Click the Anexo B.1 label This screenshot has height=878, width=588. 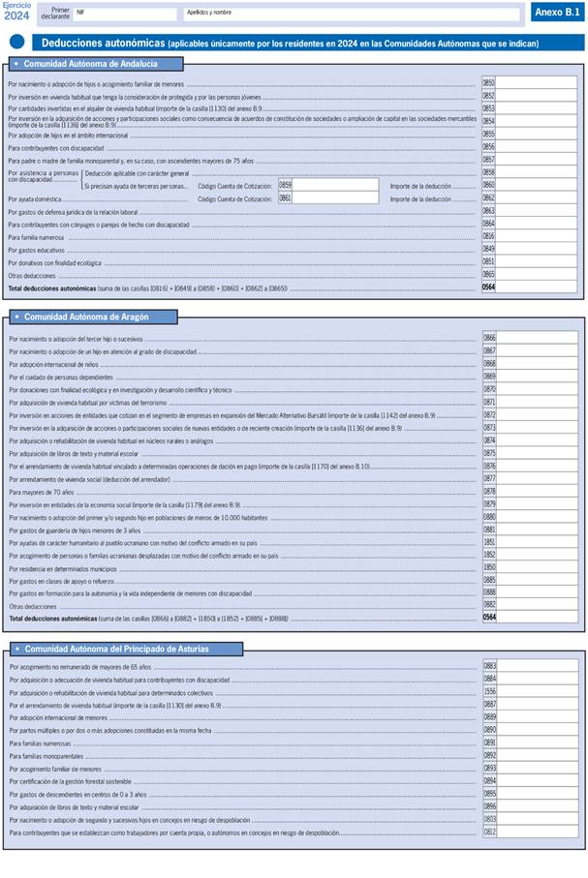tap(557, 13)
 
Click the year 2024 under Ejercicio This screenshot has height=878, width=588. tap(15, 16)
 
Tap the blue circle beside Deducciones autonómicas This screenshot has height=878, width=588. tap(17, 42)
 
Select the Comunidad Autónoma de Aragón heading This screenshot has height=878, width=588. tap(85, 317)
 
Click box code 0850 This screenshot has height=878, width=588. tap(488, 83)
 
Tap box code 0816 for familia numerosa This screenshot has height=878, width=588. tap(488, 236)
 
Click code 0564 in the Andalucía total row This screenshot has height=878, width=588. tap(488, 288)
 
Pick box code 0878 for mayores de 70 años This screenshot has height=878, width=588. tap(489, 491)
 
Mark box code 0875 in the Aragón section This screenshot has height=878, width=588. tap(489, 453)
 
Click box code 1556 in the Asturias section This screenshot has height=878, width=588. tap(489, 692)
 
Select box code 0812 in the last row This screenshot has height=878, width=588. tap(489, 832)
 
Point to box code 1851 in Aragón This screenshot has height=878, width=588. tap(489, 542)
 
